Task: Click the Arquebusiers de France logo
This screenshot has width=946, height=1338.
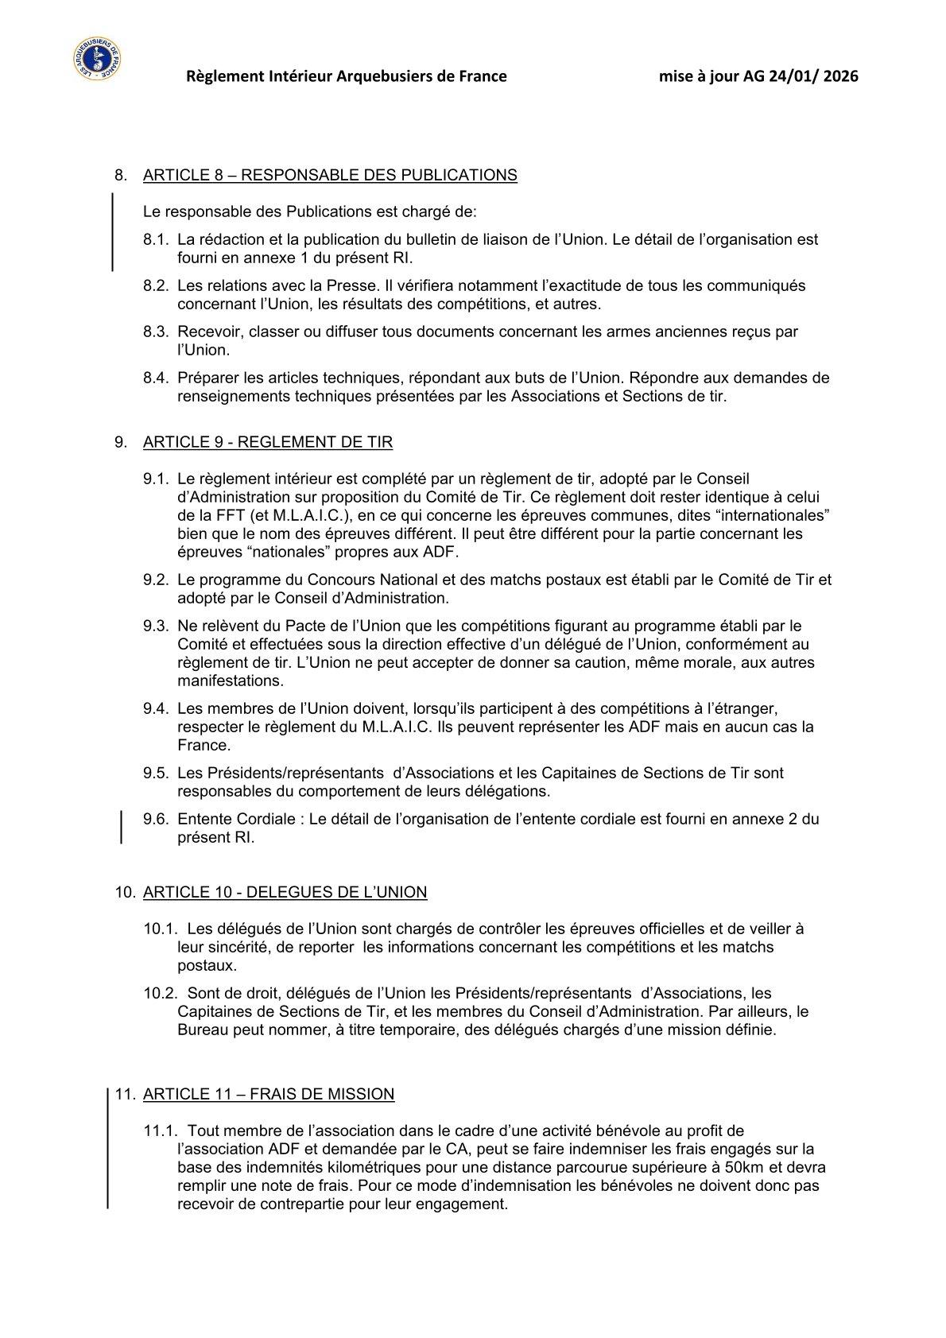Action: pos(95,59)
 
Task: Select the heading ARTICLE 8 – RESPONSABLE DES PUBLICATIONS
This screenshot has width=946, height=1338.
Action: pos(330,175)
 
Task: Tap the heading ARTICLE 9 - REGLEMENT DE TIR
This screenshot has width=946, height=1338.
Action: pos(268,442)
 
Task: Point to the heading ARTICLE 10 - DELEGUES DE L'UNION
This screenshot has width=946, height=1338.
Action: pos(285,892)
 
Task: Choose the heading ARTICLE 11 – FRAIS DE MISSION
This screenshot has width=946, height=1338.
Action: pos(269,1094)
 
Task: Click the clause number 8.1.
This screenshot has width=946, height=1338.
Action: pos(157,239)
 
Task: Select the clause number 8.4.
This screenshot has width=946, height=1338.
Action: pos(157,378)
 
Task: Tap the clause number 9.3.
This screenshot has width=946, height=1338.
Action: pos(157,626)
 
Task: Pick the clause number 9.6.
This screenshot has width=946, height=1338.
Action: pos(157,819)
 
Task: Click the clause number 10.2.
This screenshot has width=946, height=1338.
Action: pos(160,993)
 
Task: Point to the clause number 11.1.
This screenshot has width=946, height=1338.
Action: pos(160,1131)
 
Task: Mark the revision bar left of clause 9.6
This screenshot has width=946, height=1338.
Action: pos(121,826)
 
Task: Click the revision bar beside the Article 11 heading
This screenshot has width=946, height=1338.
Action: pos(108,1149)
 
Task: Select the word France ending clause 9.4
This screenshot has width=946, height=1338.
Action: pos(204,745)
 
